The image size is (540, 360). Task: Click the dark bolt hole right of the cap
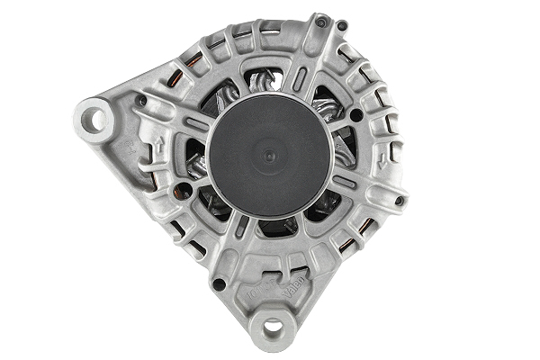coord(356,114)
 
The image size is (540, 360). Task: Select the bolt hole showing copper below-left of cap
coord(184,189)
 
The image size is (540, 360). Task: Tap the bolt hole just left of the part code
coord(218,284)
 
